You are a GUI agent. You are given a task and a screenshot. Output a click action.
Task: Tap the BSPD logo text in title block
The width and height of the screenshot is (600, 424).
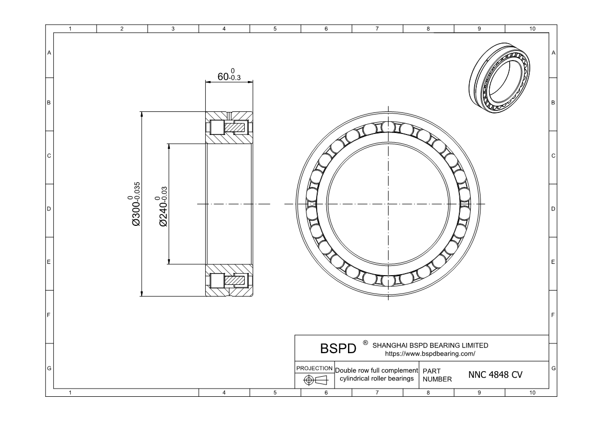click(x=338, y=349)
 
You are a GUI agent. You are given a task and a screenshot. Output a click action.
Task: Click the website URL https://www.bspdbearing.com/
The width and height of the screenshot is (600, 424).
click(x=430, y=354)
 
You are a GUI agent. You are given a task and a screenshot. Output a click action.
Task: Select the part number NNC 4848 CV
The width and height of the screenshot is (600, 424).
click(x=495, y=375)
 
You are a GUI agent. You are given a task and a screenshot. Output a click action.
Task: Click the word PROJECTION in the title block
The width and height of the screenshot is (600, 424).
click(x=314, y=369)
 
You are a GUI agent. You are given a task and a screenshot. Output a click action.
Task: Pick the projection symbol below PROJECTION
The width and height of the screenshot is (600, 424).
click(x=314, y=380)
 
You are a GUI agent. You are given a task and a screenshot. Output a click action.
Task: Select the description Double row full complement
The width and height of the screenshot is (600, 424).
click(x=376, y=370)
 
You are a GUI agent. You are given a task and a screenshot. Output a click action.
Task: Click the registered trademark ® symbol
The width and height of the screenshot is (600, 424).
click(x=365, y=342)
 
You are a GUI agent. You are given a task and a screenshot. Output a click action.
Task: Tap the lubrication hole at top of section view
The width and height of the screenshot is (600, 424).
click(x=229, y=114)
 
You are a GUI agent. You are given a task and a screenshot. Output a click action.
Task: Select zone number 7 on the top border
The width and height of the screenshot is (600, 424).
click(x=377, y=29)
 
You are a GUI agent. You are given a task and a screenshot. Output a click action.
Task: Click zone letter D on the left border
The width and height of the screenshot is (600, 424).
click(x=49, y=209)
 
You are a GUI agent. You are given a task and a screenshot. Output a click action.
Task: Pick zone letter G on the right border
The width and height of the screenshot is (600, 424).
click(x=553, y=369)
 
